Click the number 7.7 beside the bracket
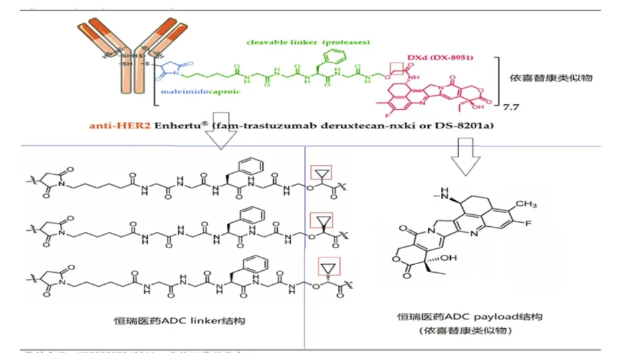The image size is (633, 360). tap(512, 106)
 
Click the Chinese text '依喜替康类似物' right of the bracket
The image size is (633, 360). tap(560, 78)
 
